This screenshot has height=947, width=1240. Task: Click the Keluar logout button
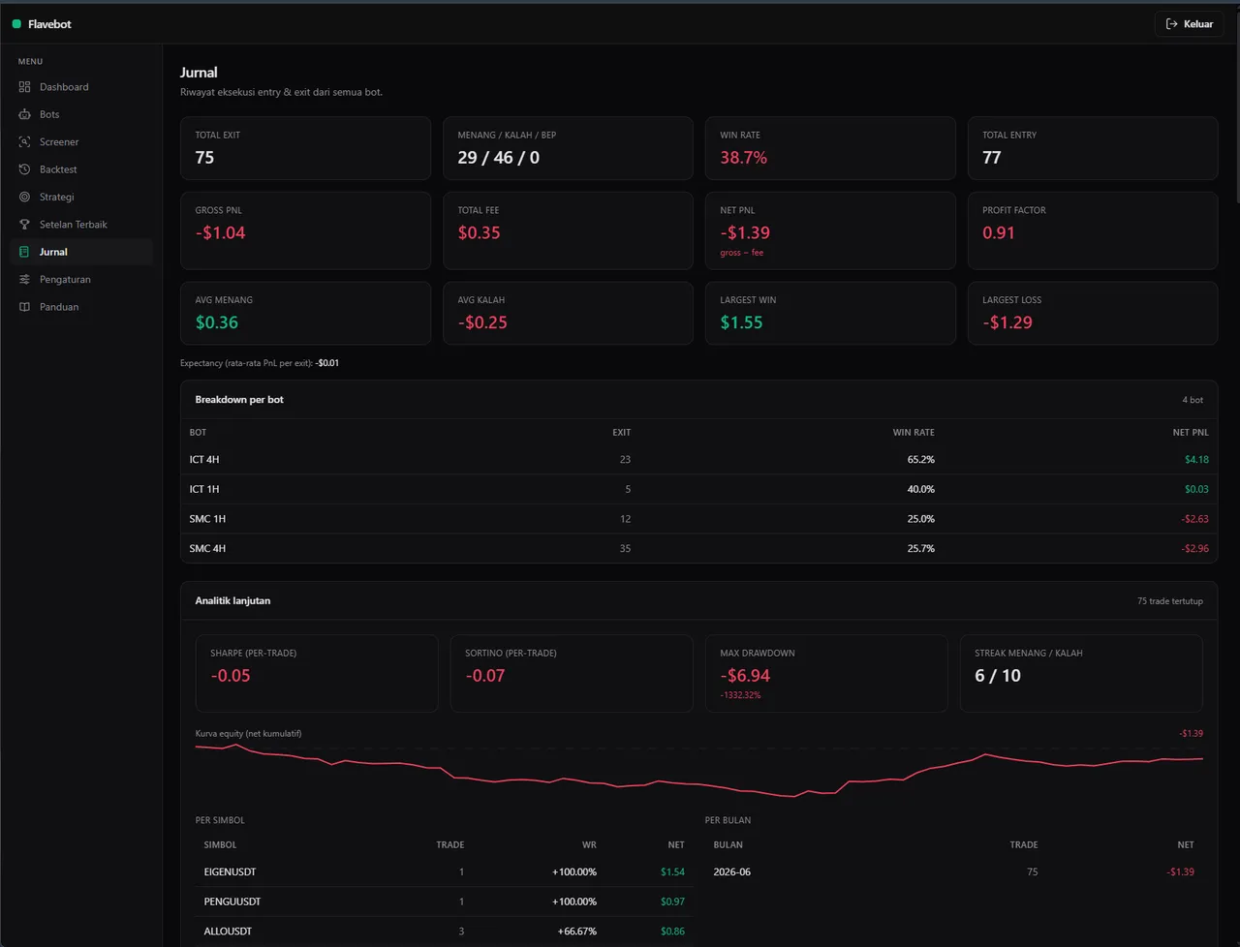[1190, 23]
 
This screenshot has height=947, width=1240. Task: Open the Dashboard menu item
[64, 87]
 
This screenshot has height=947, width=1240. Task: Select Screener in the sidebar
[59, 141]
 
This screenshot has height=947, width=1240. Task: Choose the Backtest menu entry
[58, 169]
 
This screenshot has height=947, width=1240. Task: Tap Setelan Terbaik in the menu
[73, 225]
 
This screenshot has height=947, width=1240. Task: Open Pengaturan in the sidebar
[65, 280]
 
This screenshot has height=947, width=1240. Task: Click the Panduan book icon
[24, 307]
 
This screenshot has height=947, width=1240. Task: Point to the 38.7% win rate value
[743, 158]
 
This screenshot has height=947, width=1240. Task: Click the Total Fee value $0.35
[479, 232]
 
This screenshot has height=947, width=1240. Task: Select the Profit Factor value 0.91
[998, 232]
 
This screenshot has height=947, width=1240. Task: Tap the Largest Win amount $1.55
[741, 322]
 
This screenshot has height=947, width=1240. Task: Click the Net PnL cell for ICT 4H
[1196, 460]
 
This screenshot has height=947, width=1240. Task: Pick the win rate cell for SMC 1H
[920, 519]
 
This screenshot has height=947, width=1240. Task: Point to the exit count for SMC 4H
[625, 548]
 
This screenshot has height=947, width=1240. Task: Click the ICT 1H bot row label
[204, 489]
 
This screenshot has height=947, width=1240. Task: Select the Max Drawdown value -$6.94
[745, 675]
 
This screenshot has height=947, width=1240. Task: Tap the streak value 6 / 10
[998, 675]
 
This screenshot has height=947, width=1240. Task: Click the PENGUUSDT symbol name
[232, 901]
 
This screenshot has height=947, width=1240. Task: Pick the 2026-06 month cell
[731, 871]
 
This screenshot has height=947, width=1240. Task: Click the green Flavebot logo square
[16, 23]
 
